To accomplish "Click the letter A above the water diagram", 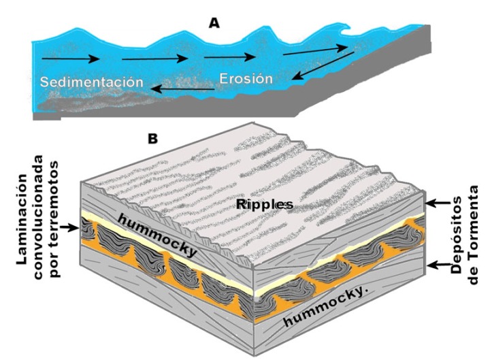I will [x=214, y=23].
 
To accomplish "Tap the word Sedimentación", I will [x=92, y=82].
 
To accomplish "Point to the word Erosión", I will [x=246, y=79].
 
